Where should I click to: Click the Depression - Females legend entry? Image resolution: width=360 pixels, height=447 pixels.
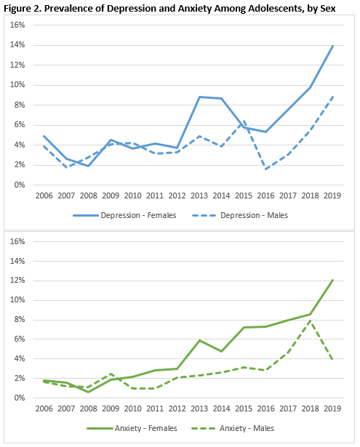[124, 215]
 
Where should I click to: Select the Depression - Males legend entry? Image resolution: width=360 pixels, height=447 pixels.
[240, 215]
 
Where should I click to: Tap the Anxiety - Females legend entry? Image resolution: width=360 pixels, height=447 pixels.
[132, 428]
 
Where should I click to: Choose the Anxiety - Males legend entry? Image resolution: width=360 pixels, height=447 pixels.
[232, 428]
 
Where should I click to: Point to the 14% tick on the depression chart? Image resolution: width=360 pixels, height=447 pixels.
[17, 45]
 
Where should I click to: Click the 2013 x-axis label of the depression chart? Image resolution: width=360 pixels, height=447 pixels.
[199, 196]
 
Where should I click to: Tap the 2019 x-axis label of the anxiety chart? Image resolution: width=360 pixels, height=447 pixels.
[332, 408]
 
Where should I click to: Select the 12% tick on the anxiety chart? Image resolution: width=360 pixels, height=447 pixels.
[17, 281]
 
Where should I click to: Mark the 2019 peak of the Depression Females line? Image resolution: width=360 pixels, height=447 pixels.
[332, 46]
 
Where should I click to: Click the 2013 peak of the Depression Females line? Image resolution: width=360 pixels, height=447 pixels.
[199, 97]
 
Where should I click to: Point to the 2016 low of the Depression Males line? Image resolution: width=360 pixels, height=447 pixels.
[266, 169]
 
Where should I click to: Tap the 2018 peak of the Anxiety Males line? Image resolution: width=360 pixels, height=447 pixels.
[311, 321]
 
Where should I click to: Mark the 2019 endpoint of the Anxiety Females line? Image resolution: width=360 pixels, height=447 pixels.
[332, 281]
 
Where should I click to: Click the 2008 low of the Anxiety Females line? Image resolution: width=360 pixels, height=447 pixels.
[89, 392]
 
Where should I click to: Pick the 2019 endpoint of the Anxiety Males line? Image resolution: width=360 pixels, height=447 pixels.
[332, 360]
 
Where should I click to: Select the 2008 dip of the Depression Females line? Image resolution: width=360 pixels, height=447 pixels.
[89, 166]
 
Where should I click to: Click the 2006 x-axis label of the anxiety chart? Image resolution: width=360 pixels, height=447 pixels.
[44, 408]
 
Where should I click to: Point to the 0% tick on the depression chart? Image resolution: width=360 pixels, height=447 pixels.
[20, 185]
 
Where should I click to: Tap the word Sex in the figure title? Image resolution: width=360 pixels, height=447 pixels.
[328, 8]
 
